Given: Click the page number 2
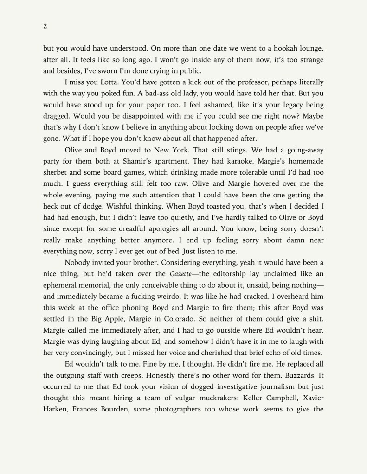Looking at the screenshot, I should click(x=45, y=26).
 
